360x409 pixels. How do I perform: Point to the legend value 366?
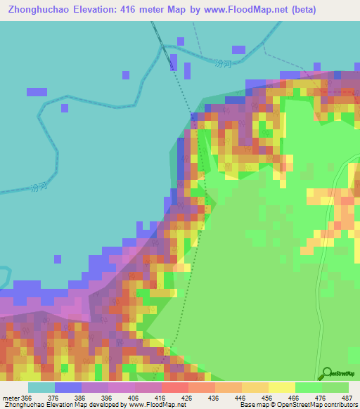(27, 397)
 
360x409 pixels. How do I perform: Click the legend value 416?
(160, 397)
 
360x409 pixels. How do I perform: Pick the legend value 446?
(240, 397)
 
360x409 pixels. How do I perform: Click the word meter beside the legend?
(10, 397)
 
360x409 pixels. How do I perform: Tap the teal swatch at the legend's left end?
(41, 387)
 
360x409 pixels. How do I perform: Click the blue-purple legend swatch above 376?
(68, 387)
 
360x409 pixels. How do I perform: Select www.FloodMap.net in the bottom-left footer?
(147, 404)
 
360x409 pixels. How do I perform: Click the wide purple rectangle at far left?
(37, 92)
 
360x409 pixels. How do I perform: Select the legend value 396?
(107, 397)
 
